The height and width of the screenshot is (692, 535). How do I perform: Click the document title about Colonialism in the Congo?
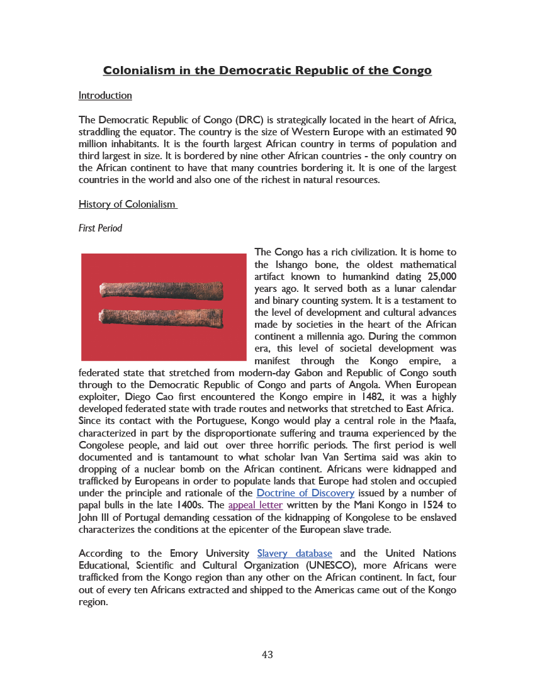point(267,70)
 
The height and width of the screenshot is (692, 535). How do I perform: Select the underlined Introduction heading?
point(105,96)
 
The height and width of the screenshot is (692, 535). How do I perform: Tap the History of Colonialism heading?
point(127,204)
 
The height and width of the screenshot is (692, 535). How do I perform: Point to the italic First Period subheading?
point(100,228)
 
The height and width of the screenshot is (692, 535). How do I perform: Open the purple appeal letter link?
point(255,505)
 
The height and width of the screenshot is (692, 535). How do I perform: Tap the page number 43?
point(267,655)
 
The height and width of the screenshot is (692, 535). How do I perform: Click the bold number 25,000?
point(442,276)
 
